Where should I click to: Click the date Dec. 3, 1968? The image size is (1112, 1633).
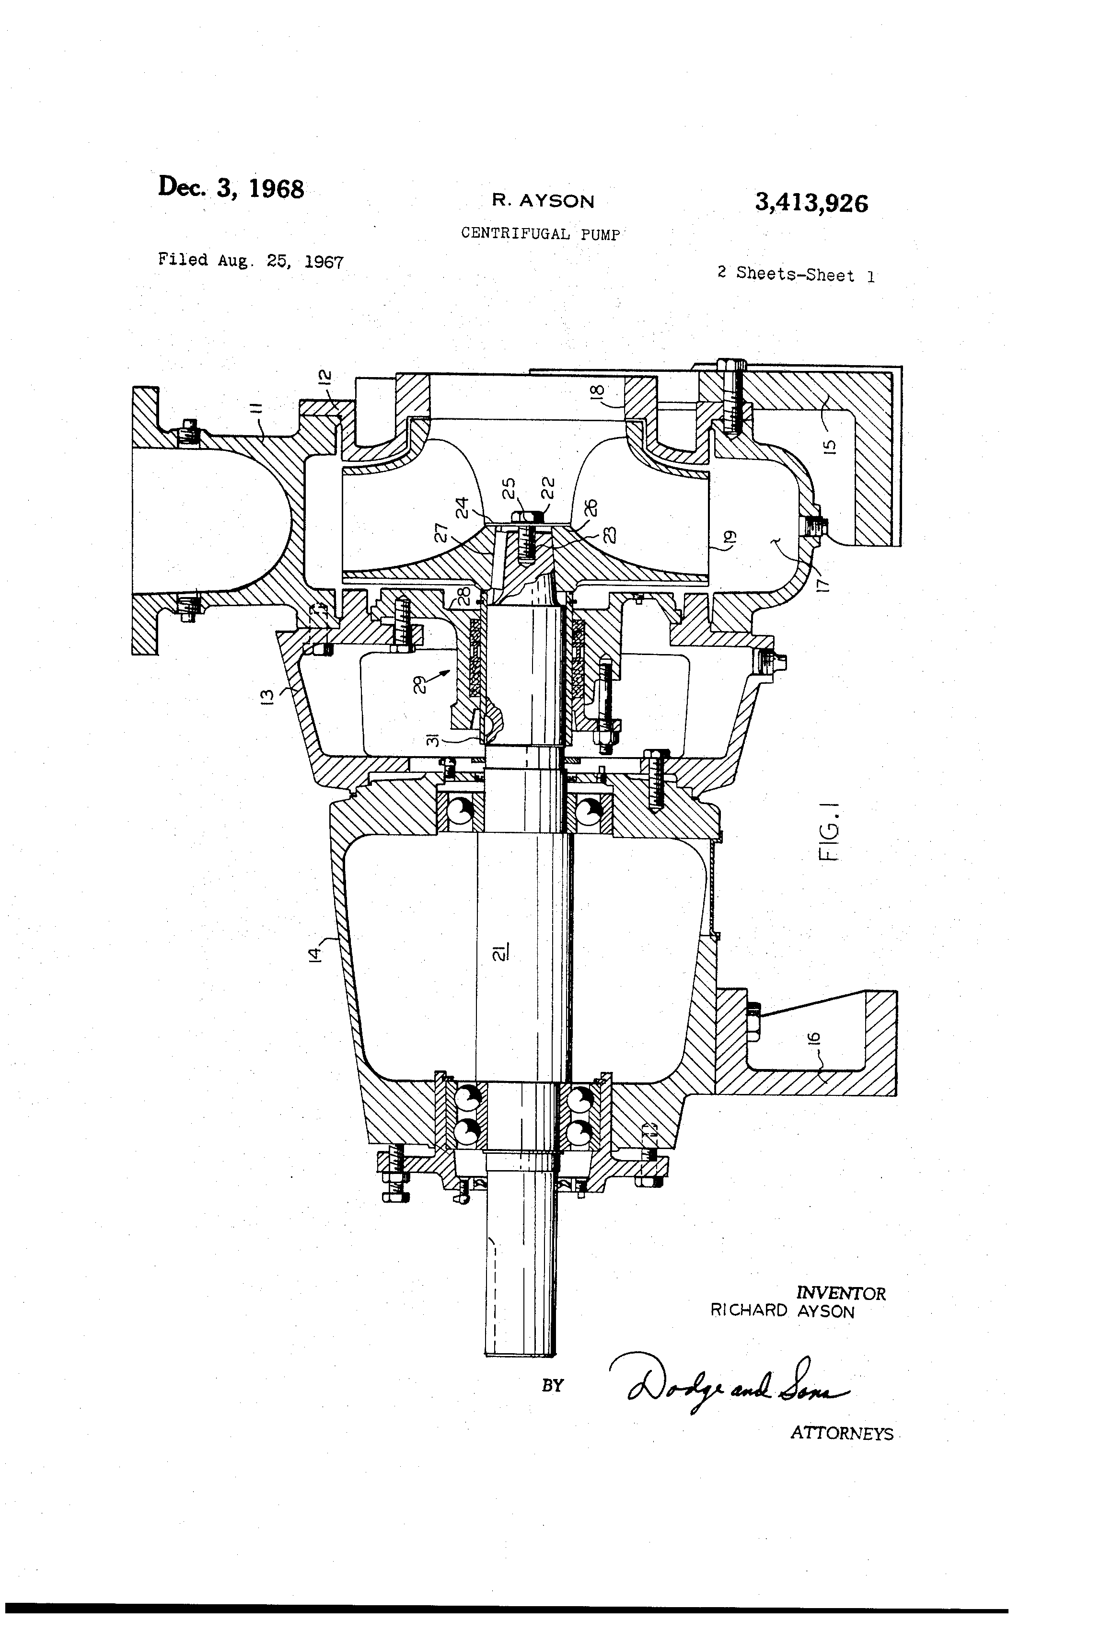tap(231, 188)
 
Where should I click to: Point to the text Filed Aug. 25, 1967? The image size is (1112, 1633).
tap(250, 261)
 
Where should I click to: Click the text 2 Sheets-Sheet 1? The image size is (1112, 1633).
tap(795, 275)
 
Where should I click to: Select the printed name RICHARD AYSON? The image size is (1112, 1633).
tap(782, 1311)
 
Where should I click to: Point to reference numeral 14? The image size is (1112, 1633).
tap(315, 954)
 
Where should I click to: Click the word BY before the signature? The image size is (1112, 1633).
tap(553, 1385)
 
